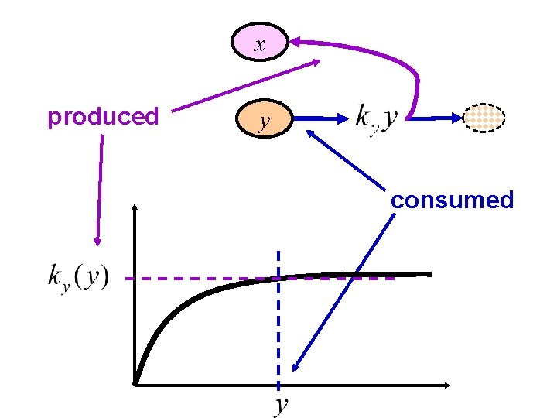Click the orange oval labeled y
click(265, 119)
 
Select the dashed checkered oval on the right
click(484, 118)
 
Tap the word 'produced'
click(103, 117)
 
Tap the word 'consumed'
click(452, 200)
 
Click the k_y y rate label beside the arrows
click(376, 118)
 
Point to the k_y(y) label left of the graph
click(78, 276)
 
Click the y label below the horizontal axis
click(282, 403)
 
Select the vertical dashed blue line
click(278, 325)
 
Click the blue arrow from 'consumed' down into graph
click(340, 294)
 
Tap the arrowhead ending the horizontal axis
click(446, 384)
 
